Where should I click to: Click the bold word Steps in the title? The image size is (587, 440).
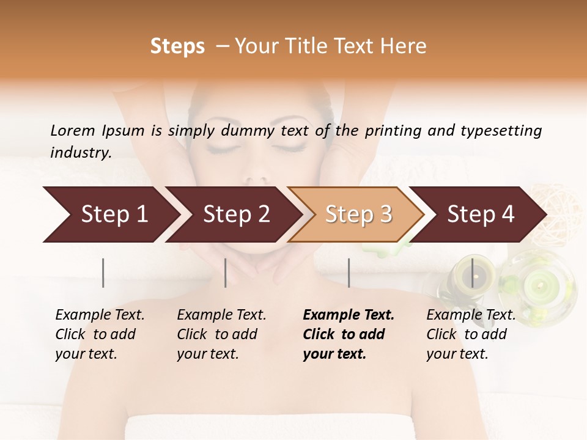pyautogui.click(x=177, y=46)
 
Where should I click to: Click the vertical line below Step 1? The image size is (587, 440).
pyautogui.click(x=103, y=273)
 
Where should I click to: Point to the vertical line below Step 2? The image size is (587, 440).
pyautogui.click(x=226, y=273)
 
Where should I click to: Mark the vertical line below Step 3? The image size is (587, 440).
pyautogui.click(x=349, y=273)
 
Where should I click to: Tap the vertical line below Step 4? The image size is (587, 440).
pyautogui.click(x=472, y=273)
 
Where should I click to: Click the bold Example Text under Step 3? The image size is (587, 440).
pyautogui.click(x=349, y=315)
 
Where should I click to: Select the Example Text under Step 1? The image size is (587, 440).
pyautogui.click(x=100, y=315)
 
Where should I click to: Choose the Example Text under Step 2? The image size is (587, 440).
pyautogui.click(x=221, y=315)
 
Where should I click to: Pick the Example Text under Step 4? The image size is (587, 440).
pyautogui.click(x=471, y=315)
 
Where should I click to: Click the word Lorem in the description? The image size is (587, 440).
pyautogui.click(x=73, y=130)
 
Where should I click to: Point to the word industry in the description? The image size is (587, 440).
pyautogui.click(x=80, y=152)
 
